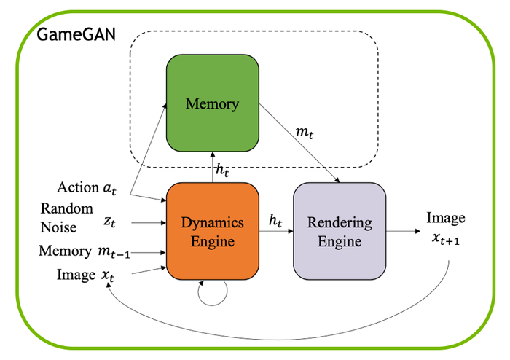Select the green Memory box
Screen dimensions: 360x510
pos(213,103)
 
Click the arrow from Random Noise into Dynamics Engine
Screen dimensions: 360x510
pos(146,223)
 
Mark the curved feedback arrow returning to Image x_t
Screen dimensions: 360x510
pos(291,329)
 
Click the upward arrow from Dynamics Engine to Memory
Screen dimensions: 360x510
pos(213,166)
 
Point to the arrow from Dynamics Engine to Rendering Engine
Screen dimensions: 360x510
pos(277,231)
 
